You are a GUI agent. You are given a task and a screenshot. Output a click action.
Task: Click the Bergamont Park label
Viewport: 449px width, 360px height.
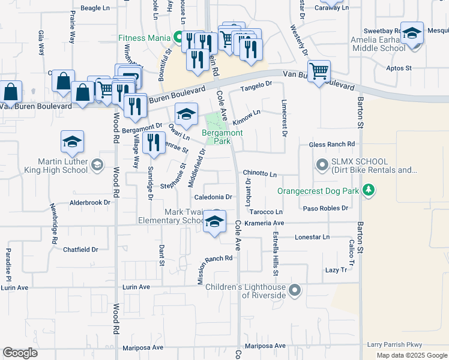point(222,137)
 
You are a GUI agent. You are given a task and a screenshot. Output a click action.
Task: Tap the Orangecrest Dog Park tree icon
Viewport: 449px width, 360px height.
point(369,191)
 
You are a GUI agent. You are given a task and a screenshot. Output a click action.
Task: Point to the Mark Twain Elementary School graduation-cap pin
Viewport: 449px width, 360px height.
point(214,222)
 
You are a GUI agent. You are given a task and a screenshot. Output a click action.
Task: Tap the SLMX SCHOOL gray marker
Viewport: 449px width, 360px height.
point(322,164)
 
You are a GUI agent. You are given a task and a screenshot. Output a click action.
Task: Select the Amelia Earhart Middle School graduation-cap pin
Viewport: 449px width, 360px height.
point(412,34)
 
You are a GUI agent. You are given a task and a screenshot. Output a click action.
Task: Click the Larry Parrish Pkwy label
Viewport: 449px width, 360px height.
point(395,345)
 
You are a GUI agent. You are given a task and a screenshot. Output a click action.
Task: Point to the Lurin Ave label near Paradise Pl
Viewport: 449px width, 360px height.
point(14,288)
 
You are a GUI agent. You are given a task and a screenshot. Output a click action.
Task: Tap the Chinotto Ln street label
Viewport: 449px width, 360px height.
point(259,174)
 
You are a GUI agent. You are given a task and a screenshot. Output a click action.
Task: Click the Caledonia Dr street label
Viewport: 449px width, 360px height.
point(212,197)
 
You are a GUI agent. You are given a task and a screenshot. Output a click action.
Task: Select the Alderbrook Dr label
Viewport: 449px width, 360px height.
point(90,203)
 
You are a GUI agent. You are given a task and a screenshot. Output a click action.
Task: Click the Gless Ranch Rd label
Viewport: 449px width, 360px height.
point(332,145)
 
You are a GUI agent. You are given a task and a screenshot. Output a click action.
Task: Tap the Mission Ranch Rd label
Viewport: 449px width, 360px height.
point(215,259)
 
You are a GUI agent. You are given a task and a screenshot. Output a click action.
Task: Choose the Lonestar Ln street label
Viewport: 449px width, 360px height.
point(312,237)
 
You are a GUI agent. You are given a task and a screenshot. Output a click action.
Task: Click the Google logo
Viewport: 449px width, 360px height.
point(20,353)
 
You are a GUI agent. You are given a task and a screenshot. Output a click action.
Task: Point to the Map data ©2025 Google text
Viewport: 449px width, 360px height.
point(412,355)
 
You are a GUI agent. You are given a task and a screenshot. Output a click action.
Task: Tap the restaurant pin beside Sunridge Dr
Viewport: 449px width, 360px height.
point(154,143)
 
